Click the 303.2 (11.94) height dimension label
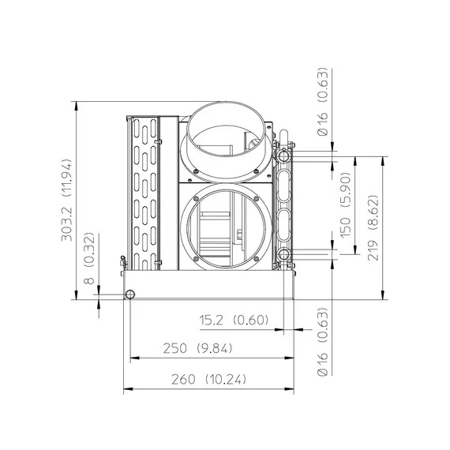[x=66, y=200]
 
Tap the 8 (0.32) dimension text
[x=89, y=258]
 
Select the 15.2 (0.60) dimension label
[x=234, y=320]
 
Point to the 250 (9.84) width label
[x=197, y=348]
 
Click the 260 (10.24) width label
[x=208, y=380]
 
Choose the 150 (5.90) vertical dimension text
[x=346, y=205]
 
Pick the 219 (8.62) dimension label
[x=373, y=228]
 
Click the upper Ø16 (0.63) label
[x=322, y=102]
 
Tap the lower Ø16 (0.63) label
[x=322, y=342]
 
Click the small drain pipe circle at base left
[x=130, y=294]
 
